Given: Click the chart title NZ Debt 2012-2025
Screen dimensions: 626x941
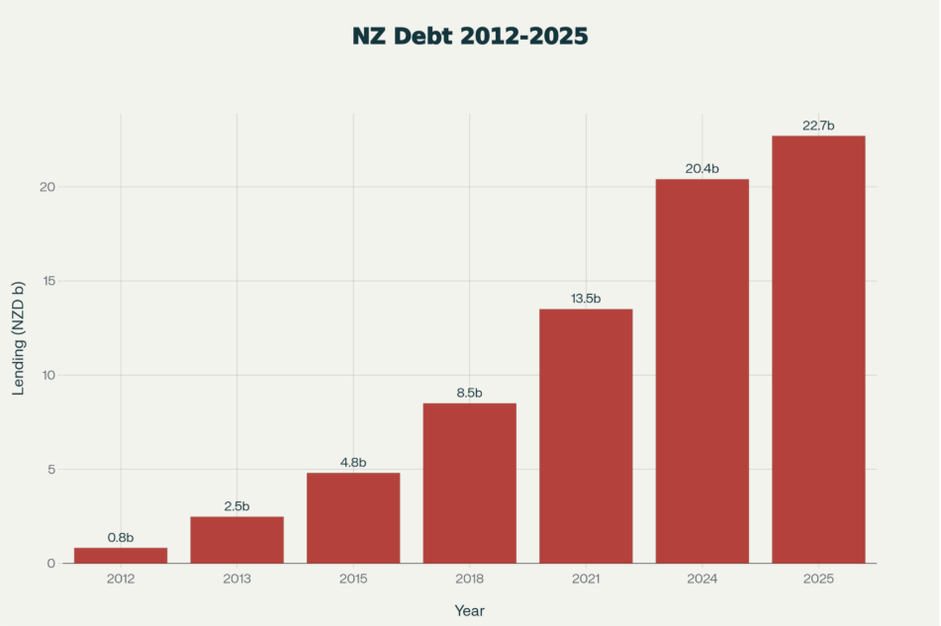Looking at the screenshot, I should click(x=470, y=37).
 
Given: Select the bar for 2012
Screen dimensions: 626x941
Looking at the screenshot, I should click(x=121, y=555).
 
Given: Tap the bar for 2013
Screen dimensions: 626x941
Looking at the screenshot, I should click(x=236, y=539).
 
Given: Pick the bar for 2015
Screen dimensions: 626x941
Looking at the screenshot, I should click(x=353, y=517).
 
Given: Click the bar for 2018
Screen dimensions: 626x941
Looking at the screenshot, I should click(x=469, y=483).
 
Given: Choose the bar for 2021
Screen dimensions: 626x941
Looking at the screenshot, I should click(x=586, y=435).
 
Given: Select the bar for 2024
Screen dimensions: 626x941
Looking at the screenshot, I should click(x=702, y=371).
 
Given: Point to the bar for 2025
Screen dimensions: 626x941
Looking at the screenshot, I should click(x=818, y=349).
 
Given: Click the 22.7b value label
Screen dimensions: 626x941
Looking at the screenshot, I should click(x=818, y=126).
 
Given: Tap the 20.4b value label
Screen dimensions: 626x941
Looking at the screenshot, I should click(x=702, y=169).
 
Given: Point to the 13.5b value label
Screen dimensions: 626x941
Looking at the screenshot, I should click(x=586, y=299).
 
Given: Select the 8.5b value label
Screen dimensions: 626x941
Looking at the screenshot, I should click(x=469, y=393).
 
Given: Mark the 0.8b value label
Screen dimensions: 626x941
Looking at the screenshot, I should click(x=121, y=537).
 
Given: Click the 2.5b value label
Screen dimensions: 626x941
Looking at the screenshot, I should click(x=236, y=506).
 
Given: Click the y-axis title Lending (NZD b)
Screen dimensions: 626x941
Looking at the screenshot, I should click(x=19, y=338).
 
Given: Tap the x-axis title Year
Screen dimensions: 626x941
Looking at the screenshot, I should click(x=469, y=611).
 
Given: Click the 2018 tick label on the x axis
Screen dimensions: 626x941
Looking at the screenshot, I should click(x=469, y=578).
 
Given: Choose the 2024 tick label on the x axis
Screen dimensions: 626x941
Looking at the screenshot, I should click(x=702, y=578).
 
